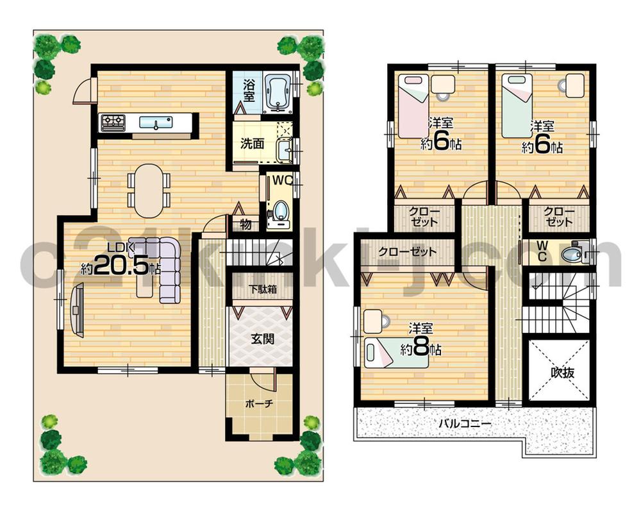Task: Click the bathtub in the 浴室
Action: click(278, 94)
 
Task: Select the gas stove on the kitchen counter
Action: click(112, 122)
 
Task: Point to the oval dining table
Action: click(149, 190)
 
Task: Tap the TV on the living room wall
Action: click(78, 310)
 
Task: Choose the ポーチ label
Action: click(260, 405)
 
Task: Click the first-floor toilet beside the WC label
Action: click(279, 212)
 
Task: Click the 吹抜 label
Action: click(560, 373)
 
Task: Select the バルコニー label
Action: click(465, 424)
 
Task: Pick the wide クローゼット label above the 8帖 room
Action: click(407, 252)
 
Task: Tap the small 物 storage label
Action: click(246, 224)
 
